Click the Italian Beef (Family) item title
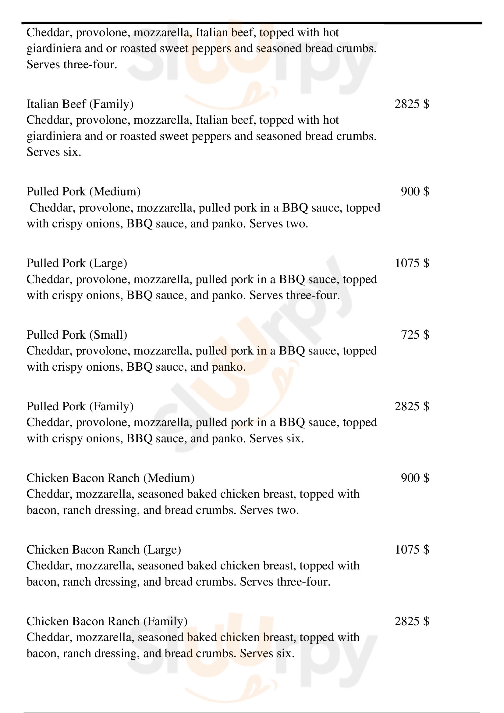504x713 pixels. tap(80, 104)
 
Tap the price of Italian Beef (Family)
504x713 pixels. tap(412, 104)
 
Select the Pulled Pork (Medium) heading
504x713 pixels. tap(83, 192)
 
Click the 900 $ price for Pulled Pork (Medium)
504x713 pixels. tap(415, 192)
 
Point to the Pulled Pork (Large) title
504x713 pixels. tap(77, 263)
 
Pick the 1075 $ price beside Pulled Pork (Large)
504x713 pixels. tap(412, 263)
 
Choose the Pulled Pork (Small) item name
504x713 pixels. tap(77, 335)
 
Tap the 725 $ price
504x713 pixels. tap(415, 335)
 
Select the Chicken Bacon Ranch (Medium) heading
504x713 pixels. tap(111, 478)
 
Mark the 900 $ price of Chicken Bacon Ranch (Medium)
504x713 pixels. tap(415, 478)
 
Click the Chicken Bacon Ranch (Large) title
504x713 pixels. tap(104, 550)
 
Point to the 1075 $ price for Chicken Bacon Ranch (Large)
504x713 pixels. tap(412, 550)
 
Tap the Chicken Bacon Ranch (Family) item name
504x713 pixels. tap(107, 621)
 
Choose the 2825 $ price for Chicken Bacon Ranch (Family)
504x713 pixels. tap(412, 621)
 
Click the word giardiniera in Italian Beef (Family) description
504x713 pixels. tap(54, 136)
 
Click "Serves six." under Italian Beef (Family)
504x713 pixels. tap(54, 152)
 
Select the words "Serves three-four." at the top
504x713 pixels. tap(72, 65)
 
